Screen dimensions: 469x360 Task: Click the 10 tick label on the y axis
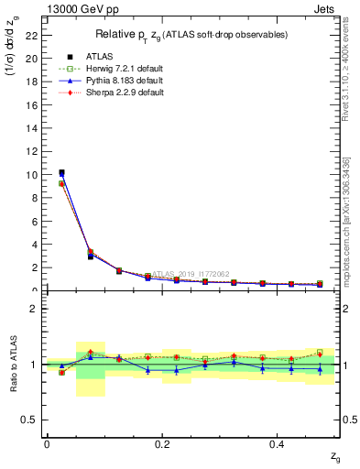point(32,175)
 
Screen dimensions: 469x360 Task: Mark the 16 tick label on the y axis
point(32,105)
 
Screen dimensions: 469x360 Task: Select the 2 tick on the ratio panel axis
point(34,309)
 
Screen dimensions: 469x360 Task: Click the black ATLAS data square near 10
point(61,172)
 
